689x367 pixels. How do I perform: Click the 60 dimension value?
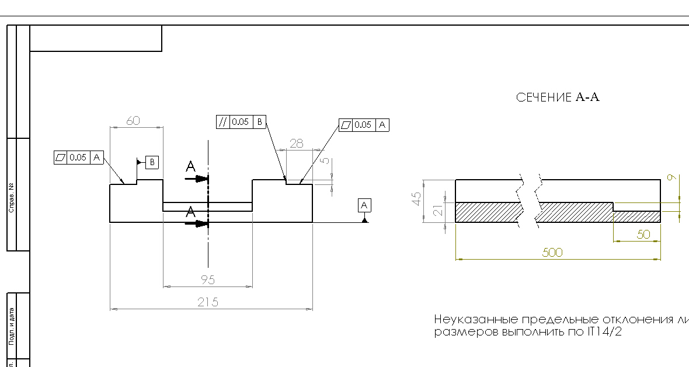point(133,121)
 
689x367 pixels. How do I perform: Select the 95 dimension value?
point(207,280)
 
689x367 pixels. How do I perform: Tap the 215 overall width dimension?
point(208,302)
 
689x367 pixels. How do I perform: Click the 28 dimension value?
point(297,143)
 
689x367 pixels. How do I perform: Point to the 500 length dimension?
point(552,253)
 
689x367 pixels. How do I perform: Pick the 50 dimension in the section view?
point(643,235)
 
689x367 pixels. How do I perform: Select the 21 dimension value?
point(437,211)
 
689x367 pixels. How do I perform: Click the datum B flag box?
point(151,162)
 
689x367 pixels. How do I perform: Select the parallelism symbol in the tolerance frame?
point(222,122)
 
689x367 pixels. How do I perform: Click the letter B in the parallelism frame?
point(260,122)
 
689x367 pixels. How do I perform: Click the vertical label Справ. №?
point(12,198)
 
